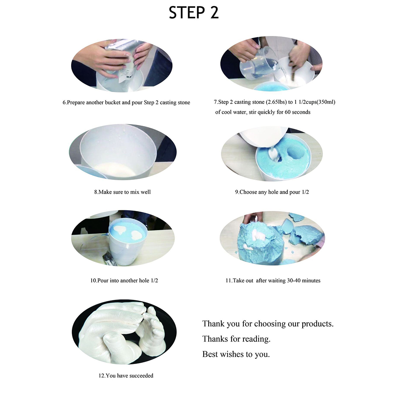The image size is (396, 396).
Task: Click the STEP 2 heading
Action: [193, 13]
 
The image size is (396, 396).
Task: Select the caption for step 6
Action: [126, 102]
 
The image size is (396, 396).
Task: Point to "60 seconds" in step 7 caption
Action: [298, 112]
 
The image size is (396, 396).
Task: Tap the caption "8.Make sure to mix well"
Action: [123, 192]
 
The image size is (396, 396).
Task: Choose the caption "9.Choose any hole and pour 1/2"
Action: [272, 192]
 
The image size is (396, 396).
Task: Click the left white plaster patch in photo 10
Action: [121, 230]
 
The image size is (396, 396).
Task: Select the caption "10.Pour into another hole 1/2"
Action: [124, 281]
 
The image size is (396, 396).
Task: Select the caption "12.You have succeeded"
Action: [126, 376]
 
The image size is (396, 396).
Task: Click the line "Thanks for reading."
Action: [236, 339]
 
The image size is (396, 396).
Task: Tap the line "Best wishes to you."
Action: [236, 354]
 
